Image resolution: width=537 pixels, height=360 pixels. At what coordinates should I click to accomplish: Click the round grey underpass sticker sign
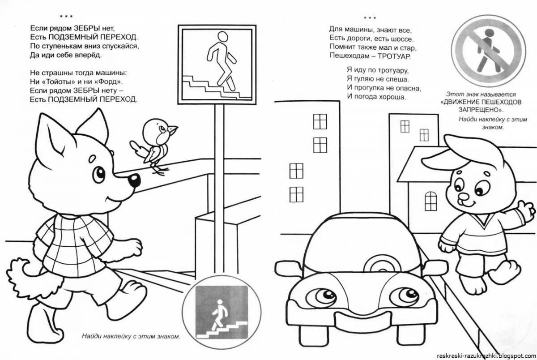coord(219,312)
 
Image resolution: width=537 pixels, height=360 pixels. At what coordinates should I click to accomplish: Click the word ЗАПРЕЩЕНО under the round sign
coord(479,110)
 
